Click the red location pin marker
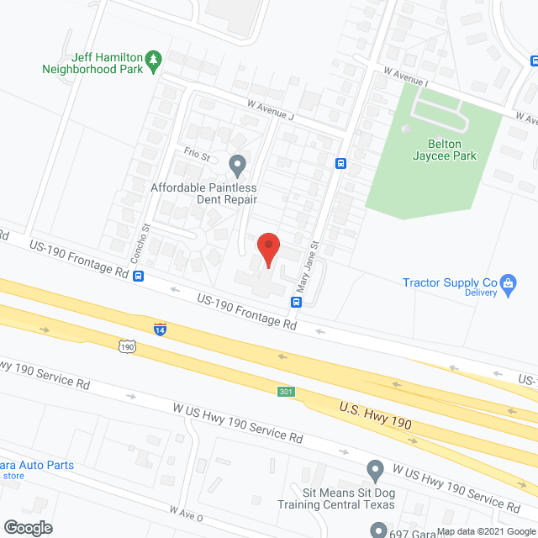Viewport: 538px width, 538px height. (x=267, y=250)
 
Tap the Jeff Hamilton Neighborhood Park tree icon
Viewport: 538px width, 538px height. (x=153, y=59)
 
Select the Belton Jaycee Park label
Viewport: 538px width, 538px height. (x=444, y=149)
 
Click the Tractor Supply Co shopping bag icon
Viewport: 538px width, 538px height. (x=508, y=284)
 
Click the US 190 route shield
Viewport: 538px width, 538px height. (x=126, y=345)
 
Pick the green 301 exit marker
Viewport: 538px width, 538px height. (x=287, y=392)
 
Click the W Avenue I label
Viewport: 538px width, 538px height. (x=403, y=79)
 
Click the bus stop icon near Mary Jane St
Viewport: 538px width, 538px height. (x=296, y=302)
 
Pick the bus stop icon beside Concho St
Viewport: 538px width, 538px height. (x=138, y=276)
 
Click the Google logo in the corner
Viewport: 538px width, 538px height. (x=28, y=527)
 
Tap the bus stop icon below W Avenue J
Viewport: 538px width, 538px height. (x=340, y=163)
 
